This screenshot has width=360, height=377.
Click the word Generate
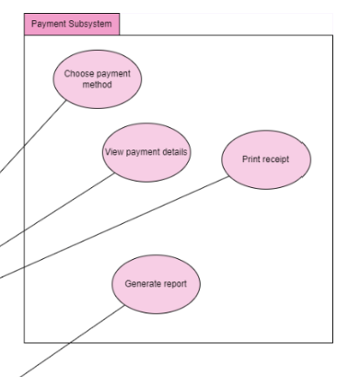tap(143, 285)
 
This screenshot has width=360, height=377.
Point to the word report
tap(174, 285)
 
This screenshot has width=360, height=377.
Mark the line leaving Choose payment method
tap(37, 138)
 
